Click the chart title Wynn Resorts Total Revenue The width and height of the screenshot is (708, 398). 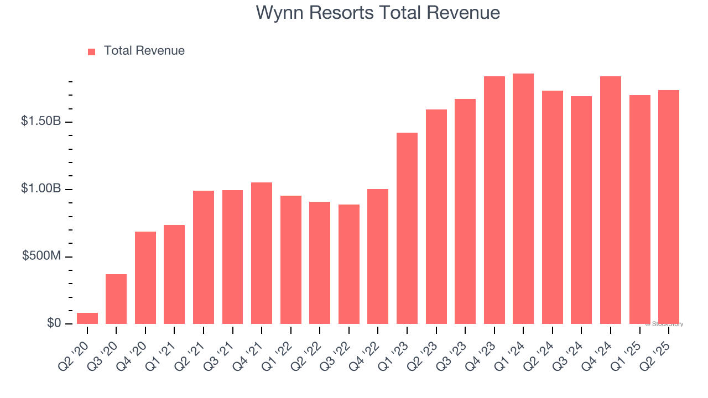point(378,13)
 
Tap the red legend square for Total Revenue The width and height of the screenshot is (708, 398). point(92,51)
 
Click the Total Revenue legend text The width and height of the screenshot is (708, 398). point(144,51)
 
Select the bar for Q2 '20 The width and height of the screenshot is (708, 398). point(87,318)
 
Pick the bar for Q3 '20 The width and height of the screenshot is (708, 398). point(116,299)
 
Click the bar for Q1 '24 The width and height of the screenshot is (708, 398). point(523,199)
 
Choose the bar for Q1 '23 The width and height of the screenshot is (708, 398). point(407,228)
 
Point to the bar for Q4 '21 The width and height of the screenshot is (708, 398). point(262,253)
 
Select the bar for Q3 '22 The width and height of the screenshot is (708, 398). point(349,264)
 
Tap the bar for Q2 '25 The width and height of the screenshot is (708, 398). point(669,207)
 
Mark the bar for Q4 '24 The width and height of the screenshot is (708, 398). point(611,200)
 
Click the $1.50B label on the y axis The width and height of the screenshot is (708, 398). point(41,121)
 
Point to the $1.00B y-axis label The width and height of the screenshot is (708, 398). point(41,188)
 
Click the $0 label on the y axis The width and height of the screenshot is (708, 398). point(54,323)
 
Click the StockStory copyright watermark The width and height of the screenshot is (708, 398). point(664,324)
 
